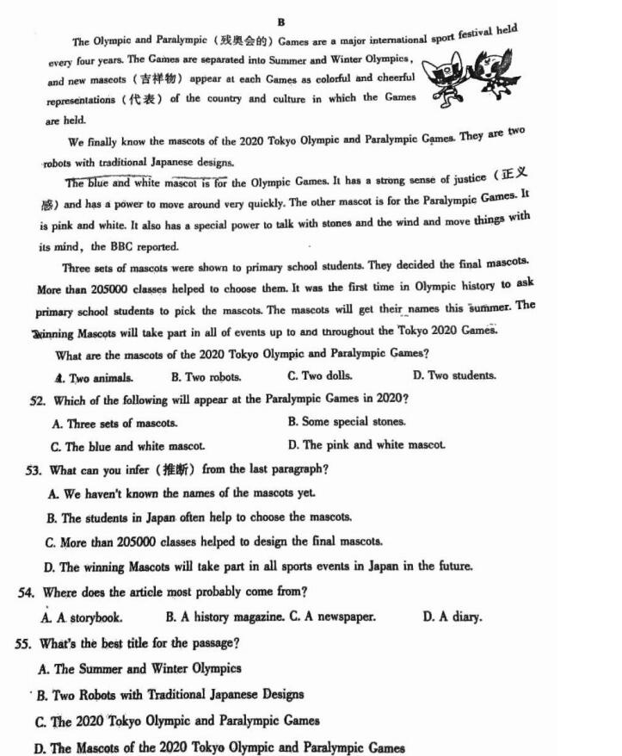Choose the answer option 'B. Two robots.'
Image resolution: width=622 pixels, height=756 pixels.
[x=206, y=377]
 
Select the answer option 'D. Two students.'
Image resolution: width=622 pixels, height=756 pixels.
[x=453, y=375]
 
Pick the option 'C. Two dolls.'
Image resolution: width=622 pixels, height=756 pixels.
[x=319, y=376]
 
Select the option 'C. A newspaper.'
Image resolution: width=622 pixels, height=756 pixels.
[x=331, y=617]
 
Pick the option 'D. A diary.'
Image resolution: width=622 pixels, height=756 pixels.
[x=452, y=617]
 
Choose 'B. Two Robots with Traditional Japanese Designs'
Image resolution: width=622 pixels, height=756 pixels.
[x=169, y=695]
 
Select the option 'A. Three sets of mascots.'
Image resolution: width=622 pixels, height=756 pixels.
[x=114, y=424]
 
